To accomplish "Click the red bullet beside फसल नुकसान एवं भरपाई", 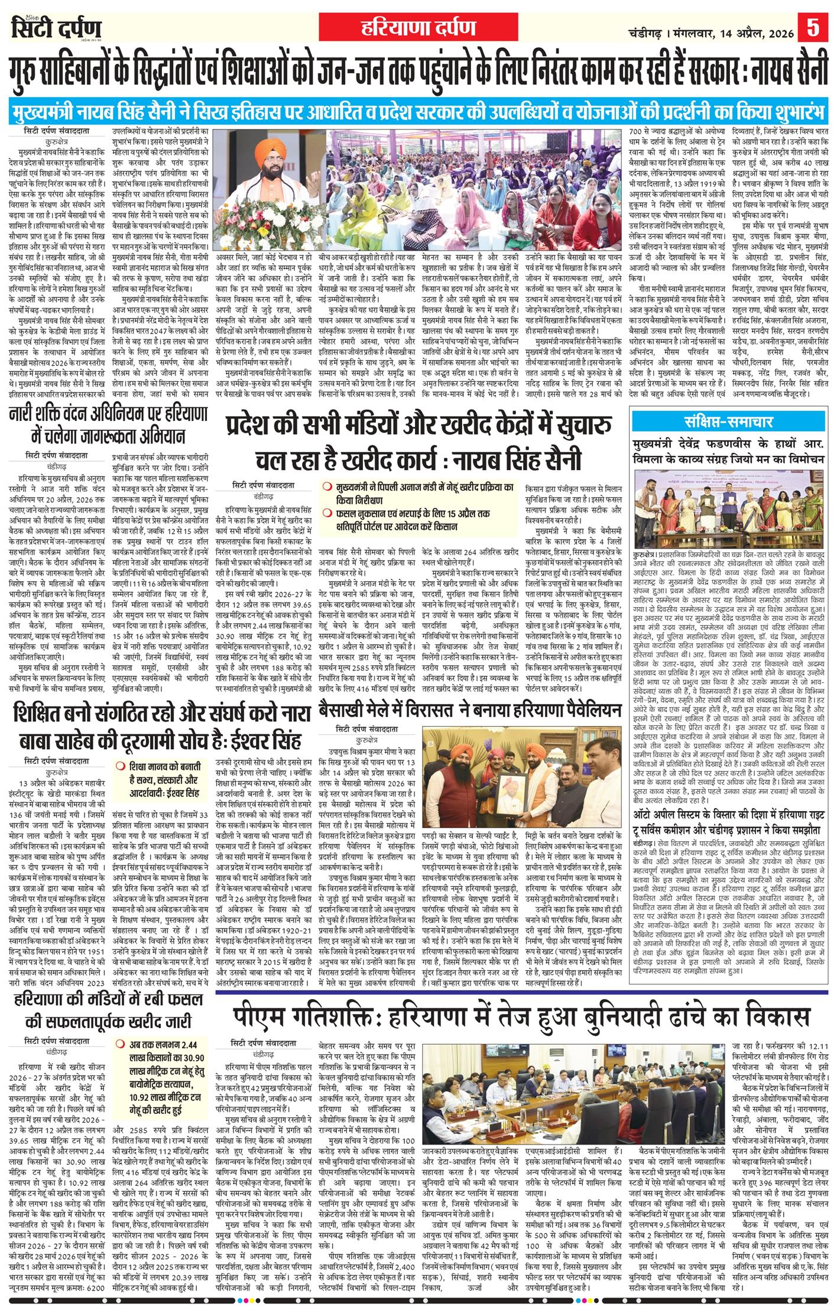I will pyautogui.click(x=326, y=506).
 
